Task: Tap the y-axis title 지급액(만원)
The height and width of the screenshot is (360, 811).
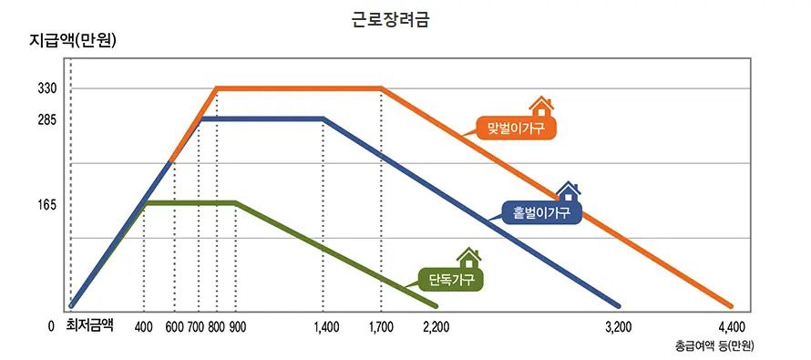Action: (x=74, y=41)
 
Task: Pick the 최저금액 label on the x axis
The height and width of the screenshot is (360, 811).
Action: (x=88, y=324)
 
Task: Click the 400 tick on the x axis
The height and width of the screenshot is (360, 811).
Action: (x=144, y=325)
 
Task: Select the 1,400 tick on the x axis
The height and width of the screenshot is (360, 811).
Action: (x=324, y=325)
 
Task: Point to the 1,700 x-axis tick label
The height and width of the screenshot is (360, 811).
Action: (x=382, y=325)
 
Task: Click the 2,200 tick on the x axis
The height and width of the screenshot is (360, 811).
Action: (x=436, y=325)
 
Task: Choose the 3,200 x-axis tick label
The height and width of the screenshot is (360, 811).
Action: (x=619, y=325)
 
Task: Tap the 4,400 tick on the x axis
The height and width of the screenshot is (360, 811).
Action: (x=731, y=325)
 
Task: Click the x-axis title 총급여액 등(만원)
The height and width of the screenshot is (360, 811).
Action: (x=714, y=346)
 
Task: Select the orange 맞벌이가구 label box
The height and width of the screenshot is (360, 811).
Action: (x=516, y=129)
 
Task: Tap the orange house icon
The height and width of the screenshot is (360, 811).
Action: (x=540, y=107)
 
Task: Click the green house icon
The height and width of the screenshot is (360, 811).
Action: (x=468, y=258)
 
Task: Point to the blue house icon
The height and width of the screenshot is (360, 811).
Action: (x=568, y=191)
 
